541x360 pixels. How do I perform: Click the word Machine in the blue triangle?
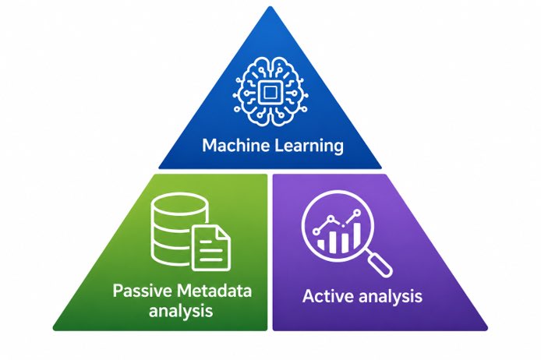[x=235, y=145]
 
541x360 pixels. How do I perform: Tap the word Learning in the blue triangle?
[x=309, y=146]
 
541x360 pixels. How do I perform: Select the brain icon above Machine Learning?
[x=270, y=92]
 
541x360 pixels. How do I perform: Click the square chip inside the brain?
[x=270, y=92]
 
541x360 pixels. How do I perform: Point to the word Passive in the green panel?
[x=142, y=291]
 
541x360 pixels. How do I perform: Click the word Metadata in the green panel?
[x=214, y=291]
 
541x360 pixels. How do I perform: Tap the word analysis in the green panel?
[x=180, y=311]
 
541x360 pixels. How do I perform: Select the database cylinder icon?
[x=179, y=228]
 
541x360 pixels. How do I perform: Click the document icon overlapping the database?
[x=211, y=248]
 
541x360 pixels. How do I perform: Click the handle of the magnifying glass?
[x=380, y=264]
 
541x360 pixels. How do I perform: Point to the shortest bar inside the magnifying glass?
[x=321, y=245]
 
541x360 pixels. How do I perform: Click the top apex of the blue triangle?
[x=270, y=6]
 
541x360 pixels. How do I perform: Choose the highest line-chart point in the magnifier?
[x=357, y=213]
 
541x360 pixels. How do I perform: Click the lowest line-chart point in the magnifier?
[x=316, y=231]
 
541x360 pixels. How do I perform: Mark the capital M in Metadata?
[x=184, y=291]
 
